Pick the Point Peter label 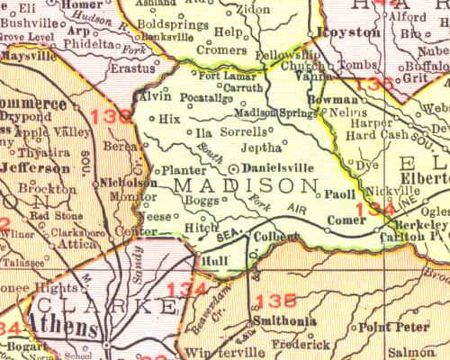coord(386,331)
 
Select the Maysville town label coord(27,56)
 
